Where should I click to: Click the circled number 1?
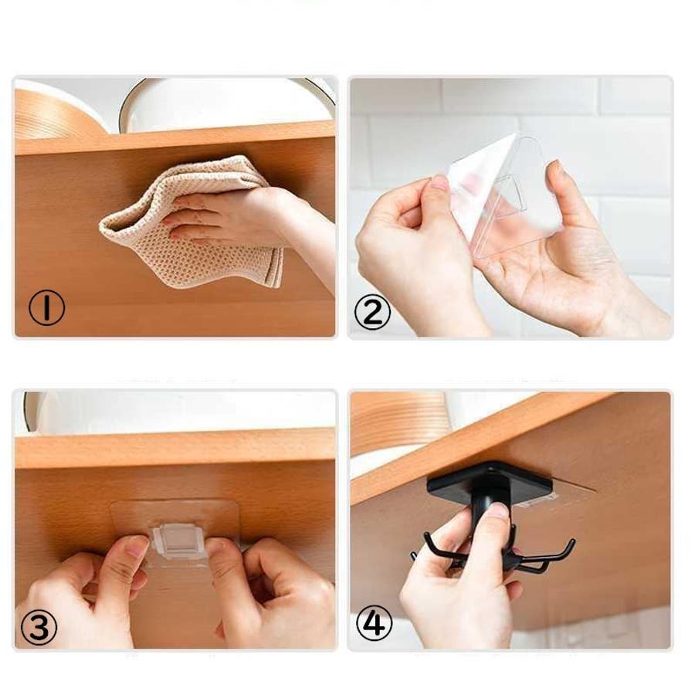(x=46, y=307)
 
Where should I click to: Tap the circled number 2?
(x=372, y=312)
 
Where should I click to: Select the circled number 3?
(x=39, y=628)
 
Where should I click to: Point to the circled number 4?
(x=374, y=623)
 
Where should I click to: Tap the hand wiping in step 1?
(x=248, y=222)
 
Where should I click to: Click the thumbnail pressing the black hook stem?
(x=498, y=511)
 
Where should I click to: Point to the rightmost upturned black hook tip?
(x=572, y=542)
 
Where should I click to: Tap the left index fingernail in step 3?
(x=137, y=548)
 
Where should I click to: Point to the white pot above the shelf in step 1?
(x=226, y=106)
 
